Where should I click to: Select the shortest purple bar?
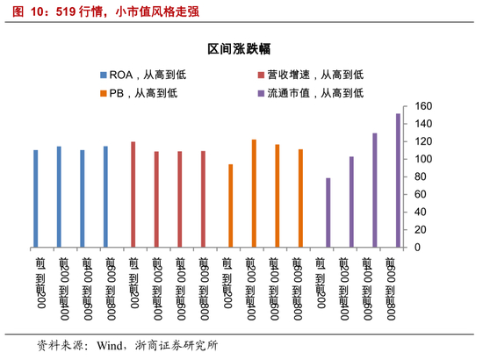(328, 212)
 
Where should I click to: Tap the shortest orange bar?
(231, 205)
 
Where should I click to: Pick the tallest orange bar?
(254, 193)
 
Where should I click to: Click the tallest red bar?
(133, 194)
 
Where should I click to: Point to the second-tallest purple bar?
(375, 190)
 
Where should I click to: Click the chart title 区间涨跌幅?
(241, 50)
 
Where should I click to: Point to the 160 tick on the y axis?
(423, 106)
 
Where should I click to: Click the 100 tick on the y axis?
(423, 159)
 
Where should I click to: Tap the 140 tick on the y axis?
(423, 124)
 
